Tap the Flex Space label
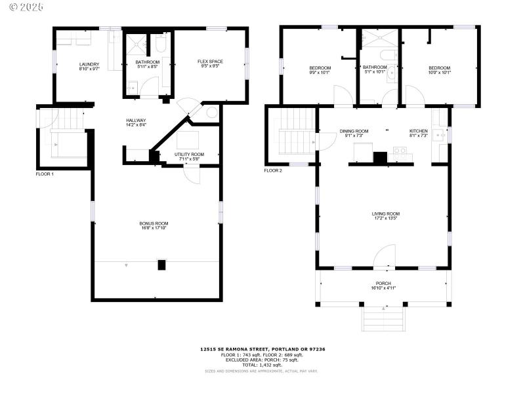[211, 64]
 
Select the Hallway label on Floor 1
[136, 122]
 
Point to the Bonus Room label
[154, 225]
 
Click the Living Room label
[385, 215]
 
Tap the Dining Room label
[354, 133]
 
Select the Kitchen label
[418, 133]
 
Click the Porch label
[384, 285]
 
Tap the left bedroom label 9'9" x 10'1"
[320, 70]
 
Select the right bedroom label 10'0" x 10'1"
[439, 70]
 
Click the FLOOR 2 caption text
[273, 170]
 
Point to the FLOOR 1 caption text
[45, 174]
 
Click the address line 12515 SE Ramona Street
[262, 349]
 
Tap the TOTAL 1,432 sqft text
[262, 364]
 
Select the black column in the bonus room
[161, 265]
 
